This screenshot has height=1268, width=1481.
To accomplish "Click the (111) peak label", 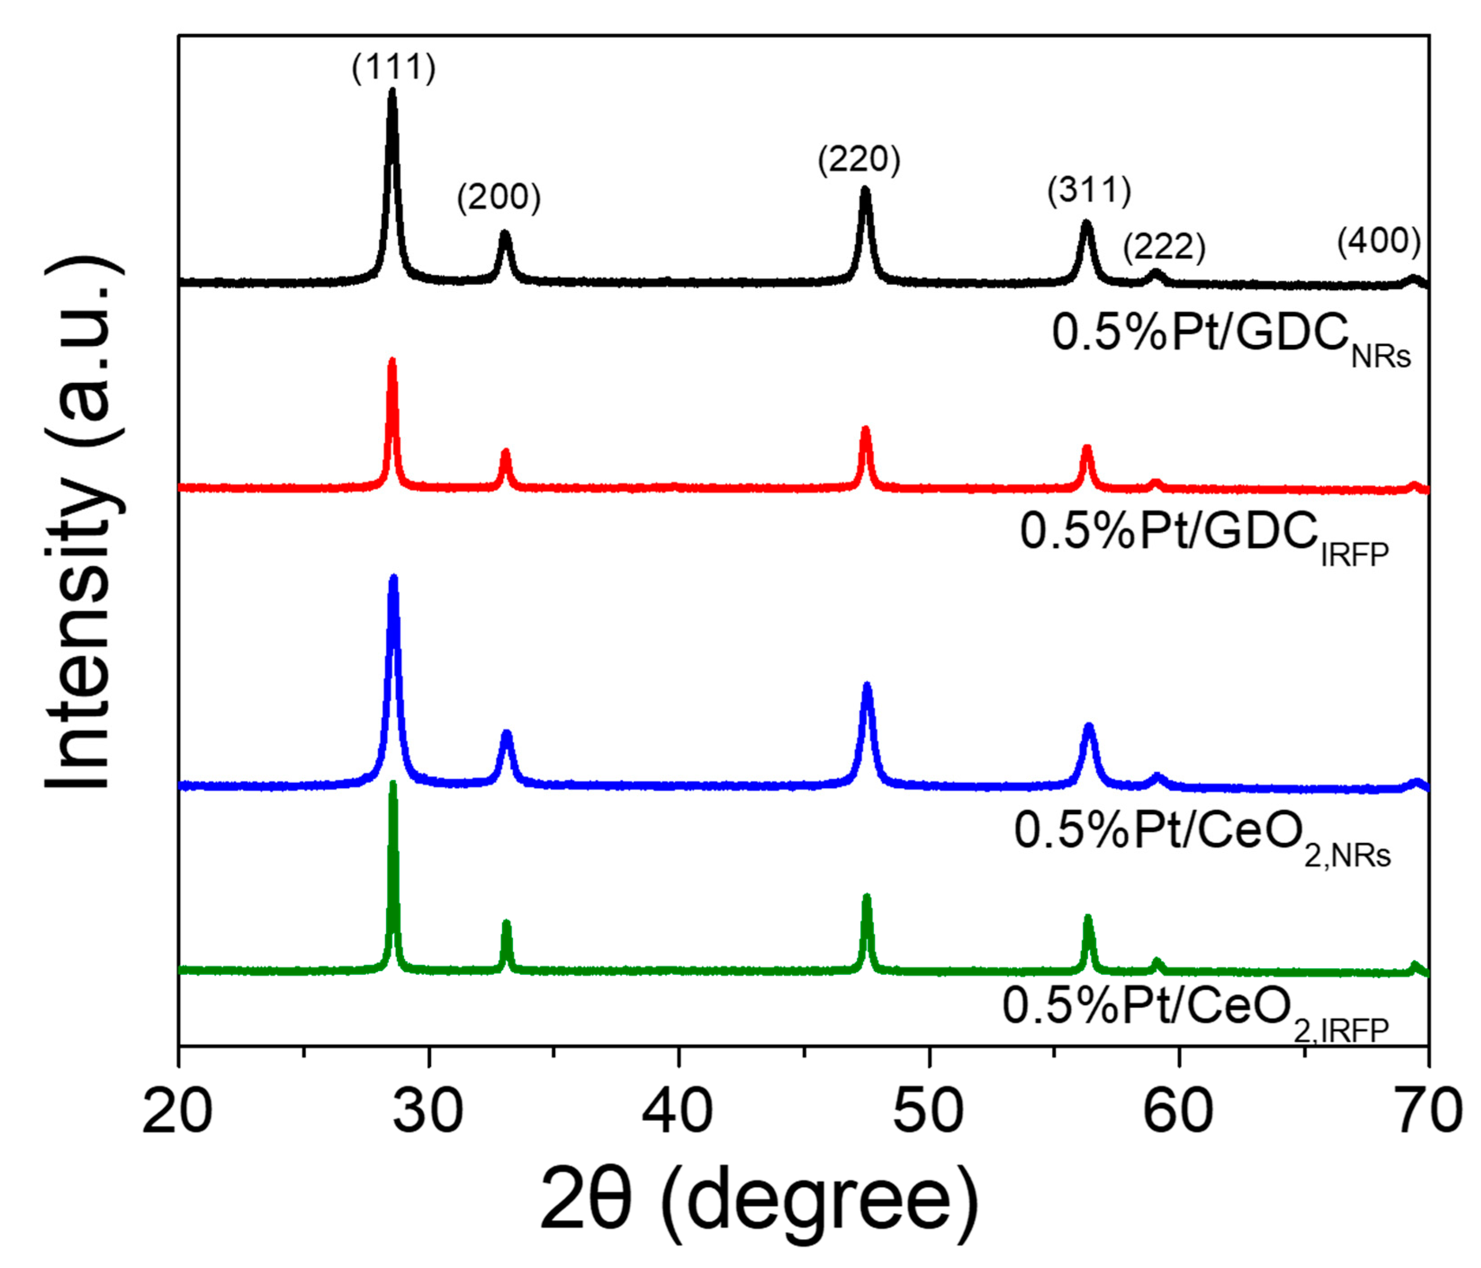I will tap(393, 68).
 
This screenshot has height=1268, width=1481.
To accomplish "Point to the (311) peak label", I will tap(1089, 190).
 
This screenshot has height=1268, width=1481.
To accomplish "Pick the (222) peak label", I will tap(1164, 246).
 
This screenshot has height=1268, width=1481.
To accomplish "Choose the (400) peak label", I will tap(1379, 241).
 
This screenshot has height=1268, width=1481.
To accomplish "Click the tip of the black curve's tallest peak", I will tap(392, 91).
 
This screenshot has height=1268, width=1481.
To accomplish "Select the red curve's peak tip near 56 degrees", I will tap(1087, 448).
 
